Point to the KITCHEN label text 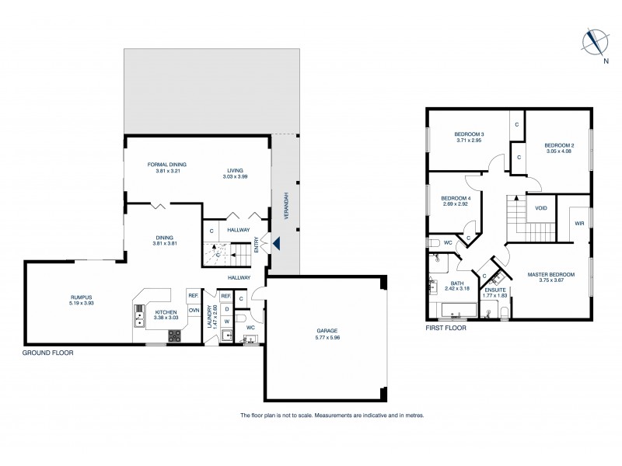coord(166,311)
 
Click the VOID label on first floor coord(540,208)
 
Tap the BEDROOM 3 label coord(470,134)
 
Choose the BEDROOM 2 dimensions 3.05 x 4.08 coord(559,151)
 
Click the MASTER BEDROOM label coord(550,274)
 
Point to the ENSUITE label coord(494,290)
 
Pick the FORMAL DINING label coord(167,164)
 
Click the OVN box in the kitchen coord(194,310)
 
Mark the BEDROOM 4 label coord(456,198)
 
